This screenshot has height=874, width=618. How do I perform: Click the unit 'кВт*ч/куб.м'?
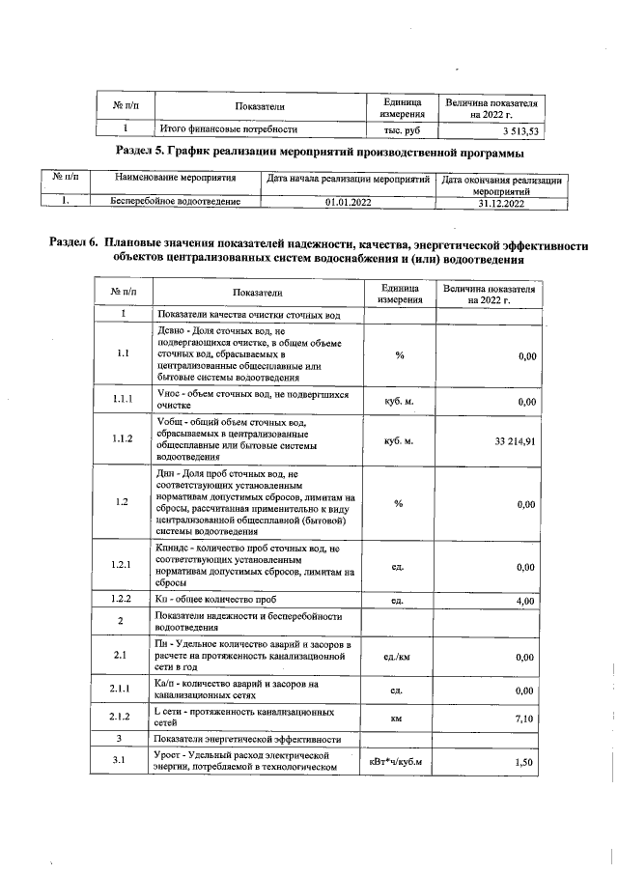tap(397, 762)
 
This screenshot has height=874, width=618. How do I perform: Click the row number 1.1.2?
tap(122, 440)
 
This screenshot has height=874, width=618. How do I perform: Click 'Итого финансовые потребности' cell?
tap(228, 128)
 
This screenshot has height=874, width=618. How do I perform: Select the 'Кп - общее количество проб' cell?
tap(209, 601)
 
